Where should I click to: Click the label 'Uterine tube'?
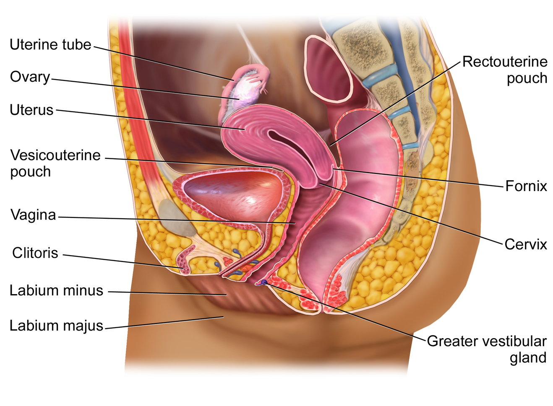click(50, 45)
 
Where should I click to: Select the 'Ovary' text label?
click(30, 77)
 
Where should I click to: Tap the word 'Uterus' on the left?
click(32, 110)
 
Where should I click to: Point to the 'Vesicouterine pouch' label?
click(55, 163)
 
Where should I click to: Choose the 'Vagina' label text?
click(33, 215)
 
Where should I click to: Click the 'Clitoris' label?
click(35, 253)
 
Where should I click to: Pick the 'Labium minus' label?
click(56, 290)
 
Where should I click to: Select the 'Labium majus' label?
click(56, 326)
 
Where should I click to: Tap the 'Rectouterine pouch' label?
click(505, 70)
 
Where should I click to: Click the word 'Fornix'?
click(526, 186)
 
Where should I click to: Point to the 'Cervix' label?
click(526, 244)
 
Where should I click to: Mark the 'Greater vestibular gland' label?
click(487, 349)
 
